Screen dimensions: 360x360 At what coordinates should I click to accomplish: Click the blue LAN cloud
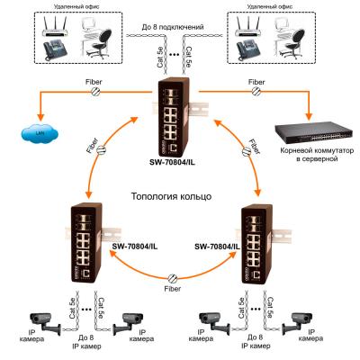[40, 134]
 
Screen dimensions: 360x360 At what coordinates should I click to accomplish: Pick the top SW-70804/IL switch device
[180, 112]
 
